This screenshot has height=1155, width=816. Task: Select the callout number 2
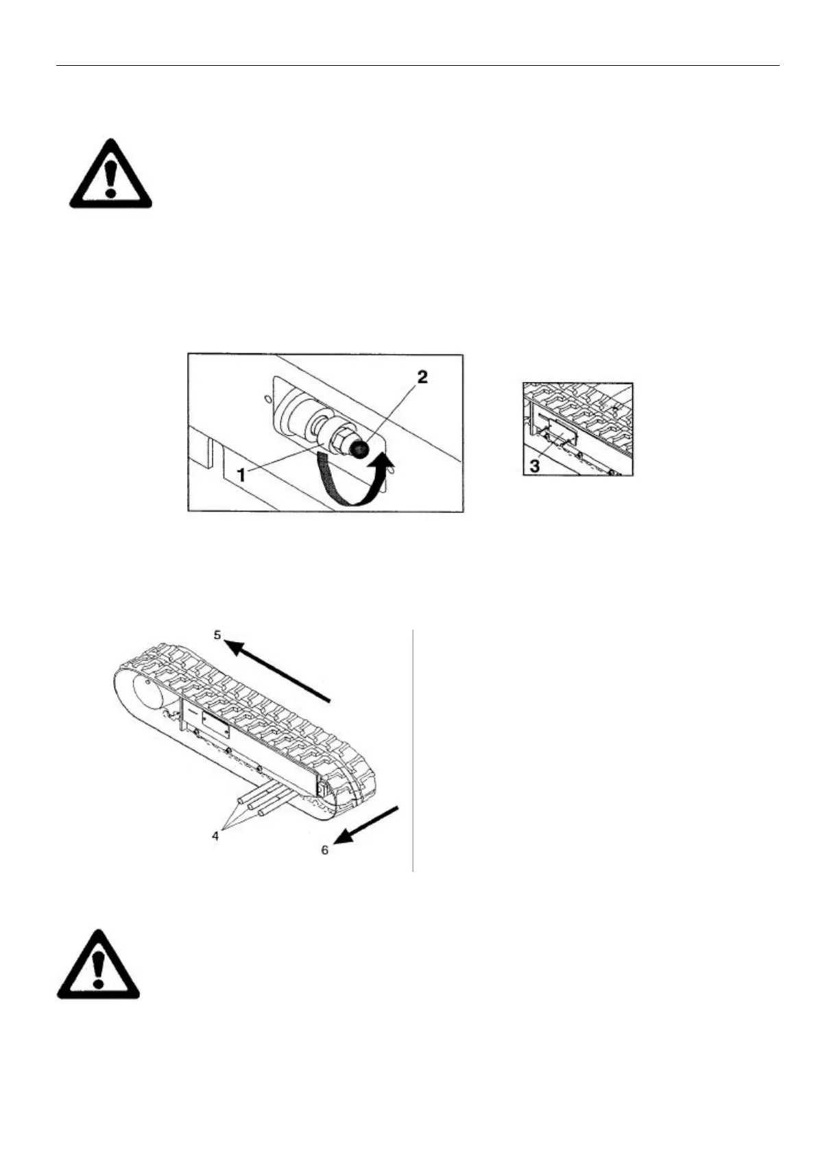click(422, 377)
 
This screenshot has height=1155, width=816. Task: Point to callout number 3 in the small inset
click(535, 466)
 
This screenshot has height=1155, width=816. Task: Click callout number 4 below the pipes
click(216, 836)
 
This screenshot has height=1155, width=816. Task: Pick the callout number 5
click(218, 635)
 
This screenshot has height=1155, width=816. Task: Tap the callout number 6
click(326, 850)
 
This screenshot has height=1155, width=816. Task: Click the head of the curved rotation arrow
click(387, 470)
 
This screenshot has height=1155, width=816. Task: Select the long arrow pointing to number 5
click(281, 672)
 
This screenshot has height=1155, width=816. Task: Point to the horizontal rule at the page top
click(417, 67)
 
